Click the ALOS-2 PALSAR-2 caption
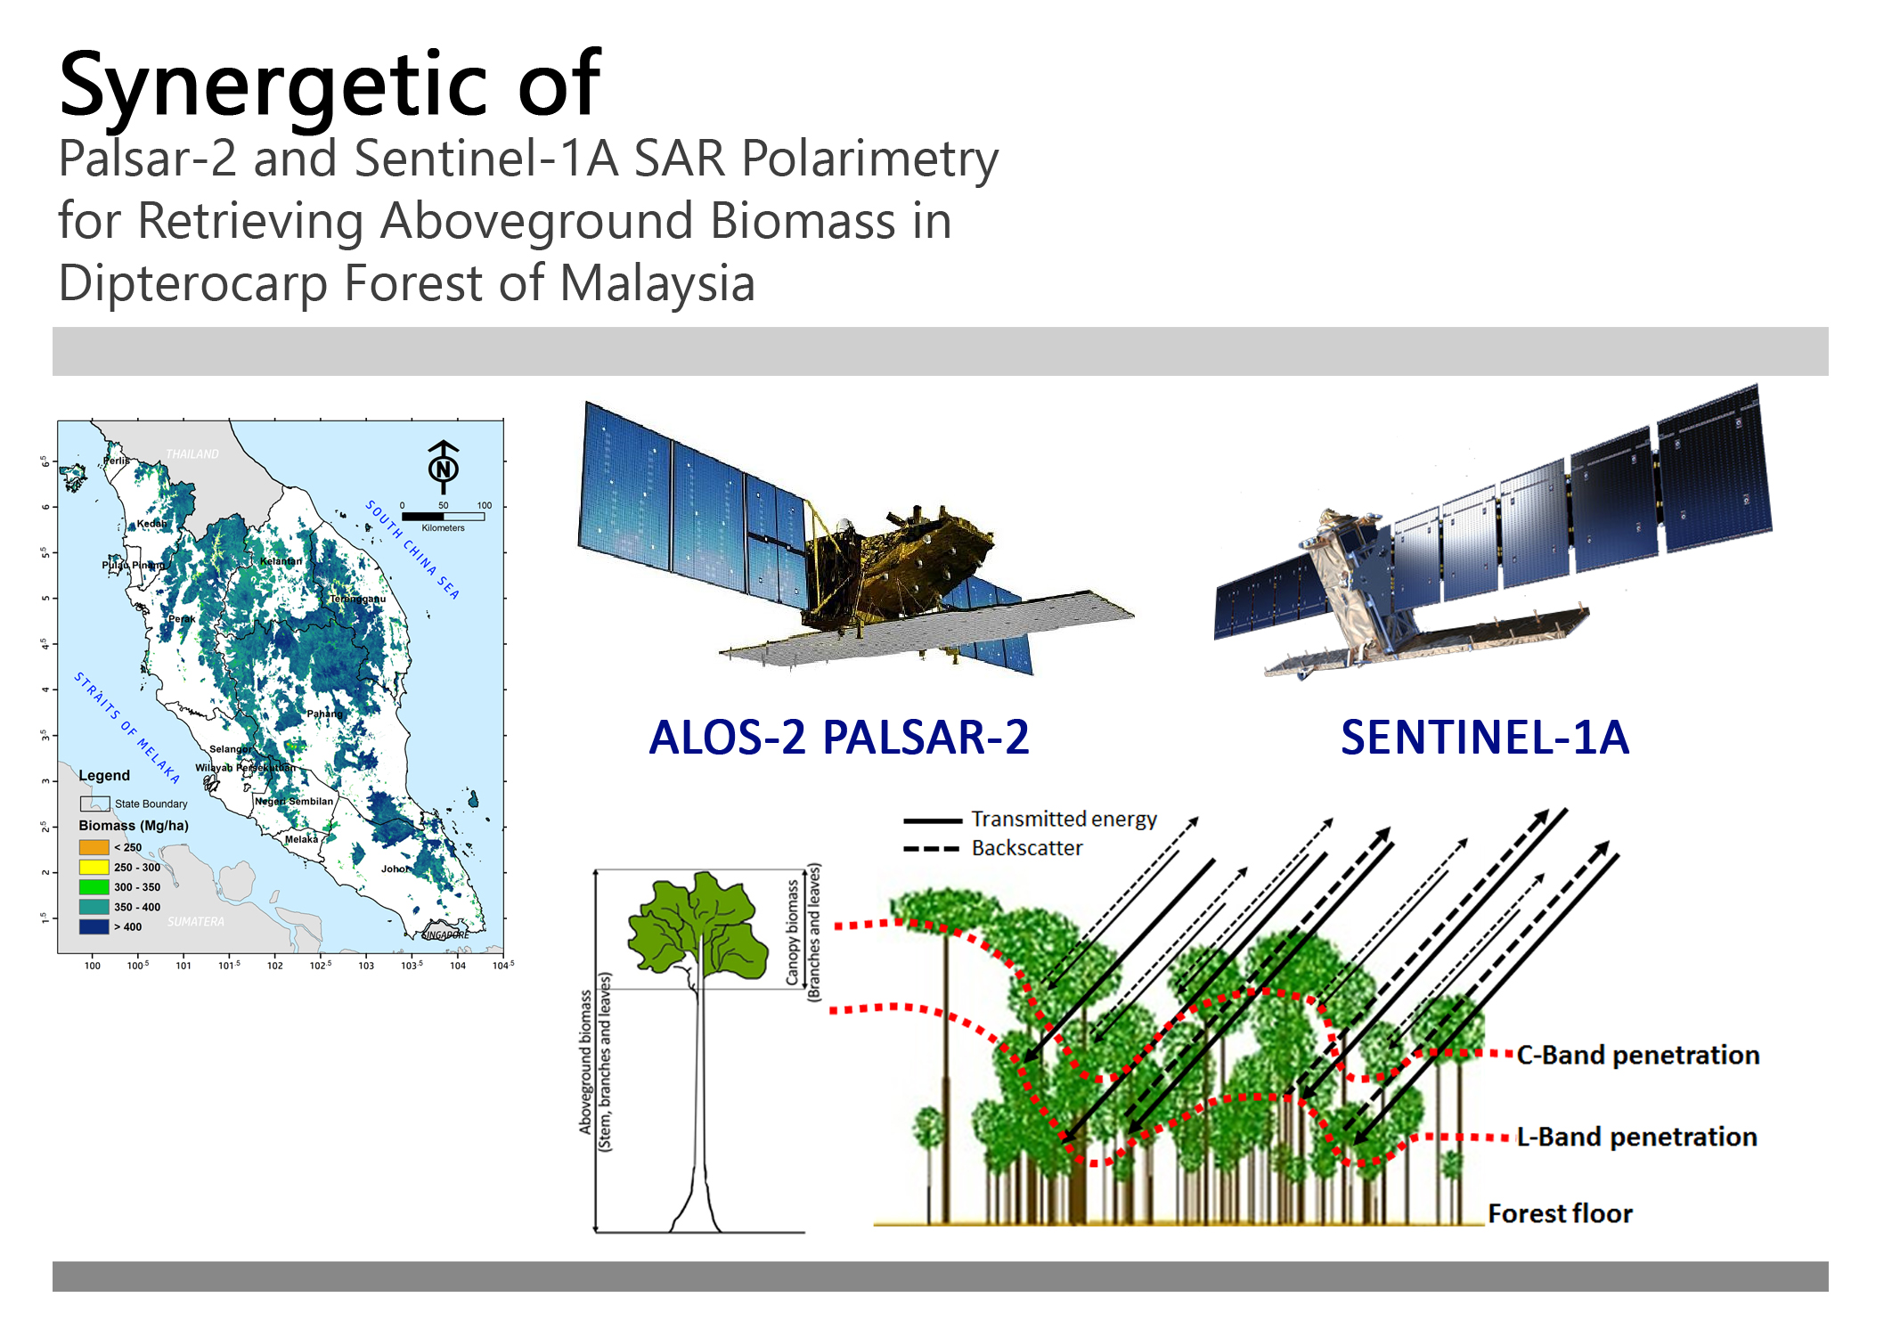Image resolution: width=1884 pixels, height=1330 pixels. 838,738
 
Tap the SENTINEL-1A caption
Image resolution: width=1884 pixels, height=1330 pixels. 1484,738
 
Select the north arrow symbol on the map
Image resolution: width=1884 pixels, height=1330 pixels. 443,467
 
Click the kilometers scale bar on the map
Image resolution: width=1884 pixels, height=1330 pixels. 443,516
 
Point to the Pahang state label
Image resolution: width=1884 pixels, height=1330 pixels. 324,714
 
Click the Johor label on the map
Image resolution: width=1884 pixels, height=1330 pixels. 395,869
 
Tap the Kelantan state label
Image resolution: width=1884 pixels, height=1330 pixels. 281,561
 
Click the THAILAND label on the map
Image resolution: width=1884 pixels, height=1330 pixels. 192,454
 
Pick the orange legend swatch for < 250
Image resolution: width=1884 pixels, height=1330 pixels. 94,847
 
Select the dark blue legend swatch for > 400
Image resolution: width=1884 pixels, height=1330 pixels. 94,926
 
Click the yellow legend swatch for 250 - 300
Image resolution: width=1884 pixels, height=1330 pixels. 94,867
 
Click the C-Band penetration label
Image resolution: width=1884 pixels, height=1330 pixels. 1637,1055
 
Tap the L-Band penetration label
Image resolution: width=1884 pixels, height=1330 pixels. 1636,1137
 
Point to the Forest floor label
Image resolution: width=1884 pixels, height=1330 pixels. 1560,1213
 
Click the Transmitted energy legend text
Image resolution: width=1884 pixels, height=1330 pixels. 1064,819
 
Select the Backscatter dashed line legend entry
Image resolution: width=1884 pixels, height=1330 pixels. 932,848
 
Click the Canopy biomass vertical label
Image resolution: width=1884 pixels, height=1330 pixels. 793,932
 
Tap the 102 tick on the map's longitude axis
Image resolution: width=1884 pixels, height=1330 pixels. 274,966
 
